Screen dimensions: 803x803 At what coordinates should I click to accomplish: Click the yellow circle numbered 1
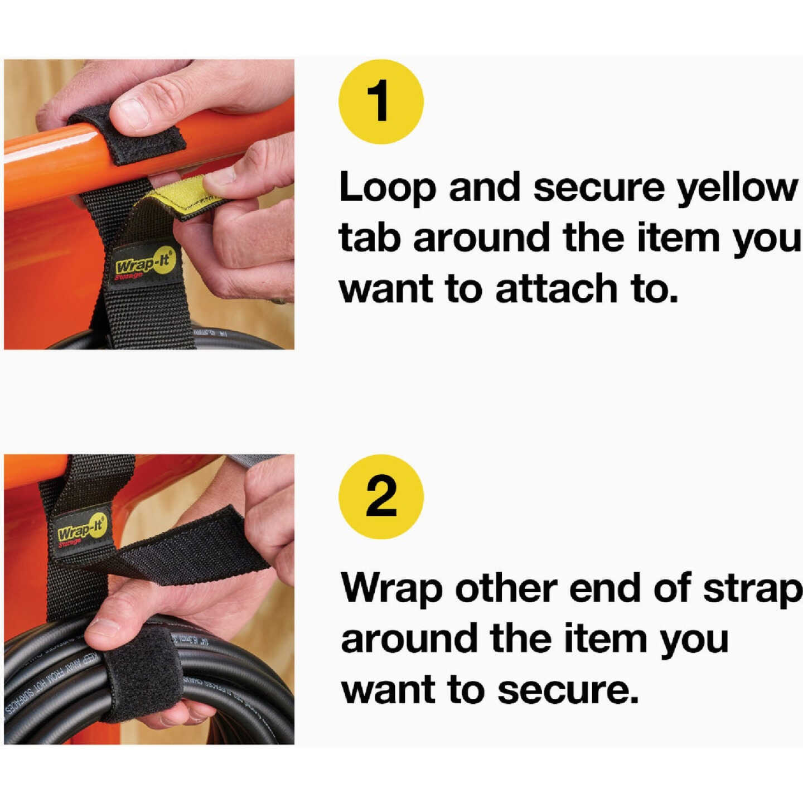(x=381, y=102)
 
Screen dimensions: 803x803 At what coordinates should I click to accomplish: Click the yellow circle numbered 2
(x=381, y=496)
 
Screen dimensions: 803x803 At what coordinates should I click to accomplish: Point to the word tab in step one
(x=369, y=238)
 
